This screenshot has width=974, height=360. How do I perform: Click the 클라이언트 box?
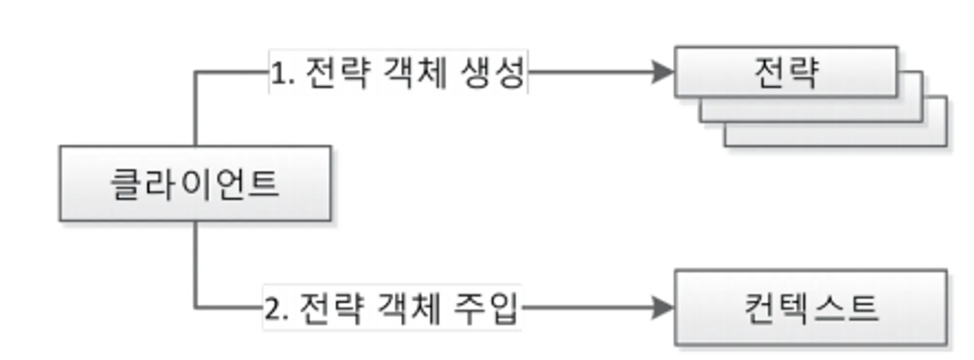tap(195, 183)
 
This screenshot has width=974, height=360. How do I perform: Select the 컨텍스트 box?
tap(810, 307)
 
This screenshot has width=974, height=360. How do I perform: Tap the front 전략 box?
tap(786, 72)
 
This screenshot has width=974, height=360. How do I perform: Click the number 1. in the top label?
tap(282, 73)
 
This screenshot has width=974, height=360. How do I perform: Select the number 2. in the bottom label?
tap(276, 308)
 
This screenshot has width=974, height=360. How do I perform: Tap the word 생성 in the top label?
tap(492, 73)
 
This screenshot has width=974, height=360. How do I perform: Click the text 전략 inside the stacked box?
tap(786, 72)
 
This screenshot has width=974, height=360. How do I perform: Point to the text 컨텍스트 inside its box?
tap(811, 308)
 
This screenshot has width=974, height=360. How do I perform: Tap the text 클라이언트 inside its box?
tap(195, 184)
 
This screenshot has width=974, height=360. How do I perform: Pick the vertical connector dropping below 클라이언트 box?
tap(195, 263)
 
